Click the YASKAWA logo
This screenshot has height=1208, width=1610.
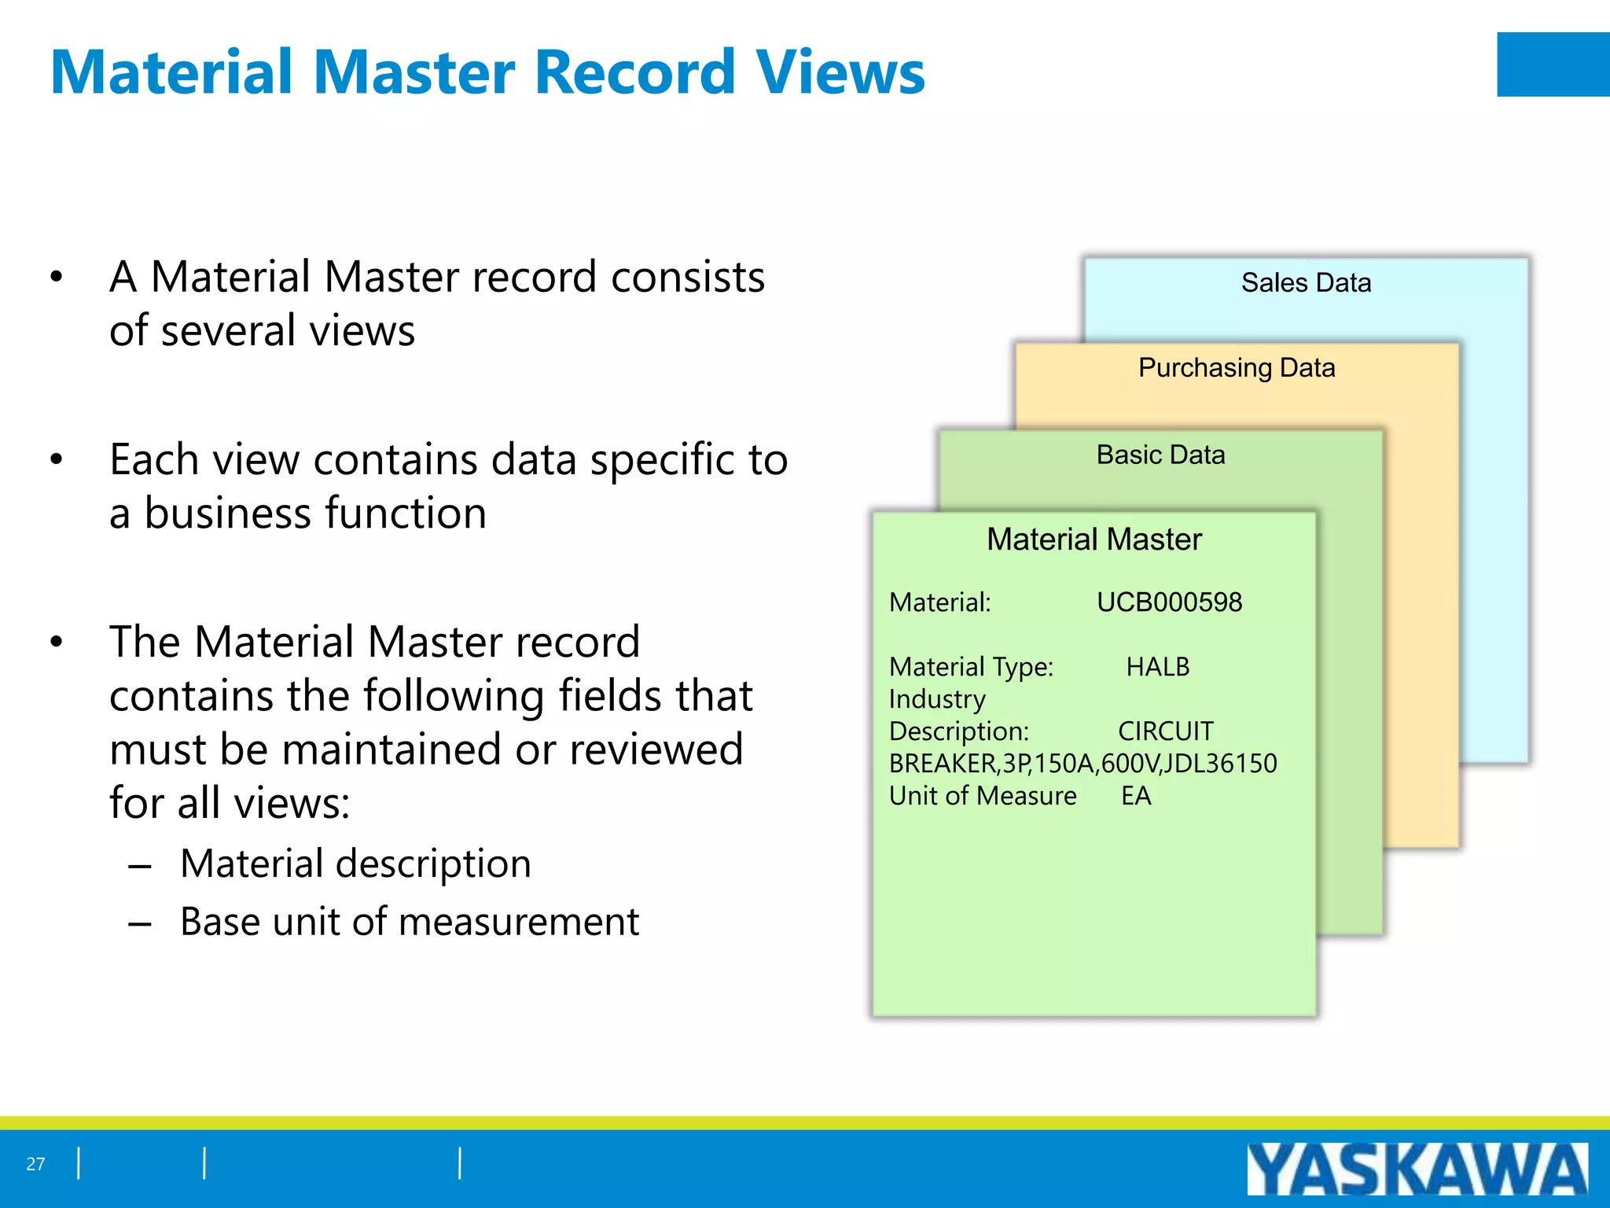pos(1417,1169)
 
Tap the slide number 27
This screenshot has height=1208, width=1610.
pos(35,1164)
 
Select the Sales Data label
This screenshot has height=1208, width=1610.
pos(1306,282)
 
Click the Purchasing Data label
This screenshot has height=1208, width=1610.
pos(1237,367)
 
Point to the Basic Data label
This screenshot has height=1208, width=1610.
pos(1160,455)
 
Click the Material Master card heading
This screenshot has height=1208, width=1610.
pos(1094,540)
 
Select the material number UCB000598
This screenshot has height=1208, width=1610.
pos(1169,602)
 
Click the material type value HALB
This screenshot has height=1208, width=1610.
pos(1157,667)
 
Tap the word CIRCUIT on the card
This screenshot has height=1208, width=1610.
pos(1166,731)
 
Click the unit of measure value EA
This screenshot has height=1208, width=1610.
pos(1136,796)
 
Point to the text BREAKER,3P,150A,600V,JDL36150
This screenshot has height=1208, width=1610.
pos(1083,764)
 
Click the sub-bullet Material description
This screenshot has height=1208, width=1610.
pos(355,864)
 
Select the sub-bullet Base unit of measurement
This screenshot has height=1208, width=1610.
pos(409,922)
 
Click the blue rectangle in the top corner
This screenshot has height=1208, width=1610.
pos(1553,64)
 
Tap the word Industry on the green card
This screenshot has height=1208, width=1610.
pos(937,699)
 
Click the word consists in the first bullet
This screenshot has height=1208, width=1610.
pos(687,278)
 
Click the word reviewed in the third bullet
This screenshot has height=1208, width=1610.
pos(656,749)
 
